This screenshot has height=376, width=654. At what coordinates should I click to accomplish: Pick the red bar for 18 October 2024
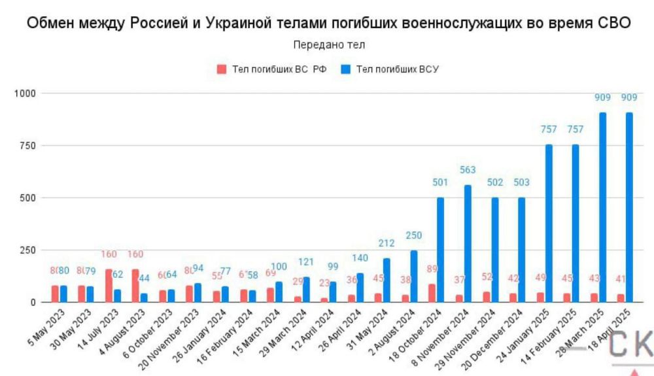[x=432, y=293]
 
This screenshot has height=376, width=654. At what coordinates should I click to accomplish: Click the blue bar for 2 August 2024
[x=414, y=276]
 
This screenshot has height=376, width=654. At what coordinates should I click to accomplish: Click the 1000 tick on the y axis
[x=24, y=94]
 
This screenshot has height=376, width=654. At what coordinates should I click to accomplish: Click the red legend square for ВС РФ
[x=221, y=69]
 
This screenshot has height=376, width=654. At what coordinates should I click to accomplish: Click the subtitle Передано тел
[x=329, y=44]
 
